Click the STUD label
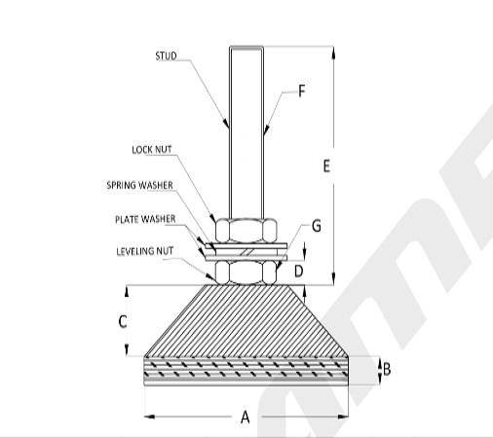166,56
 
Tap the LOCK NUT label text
152,150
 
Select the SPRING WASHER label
139,185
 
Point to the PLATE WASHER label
145,219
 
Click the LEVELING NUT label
145,251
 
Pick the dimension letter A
246,417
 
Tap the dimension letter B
387,369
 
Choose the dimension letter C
123,322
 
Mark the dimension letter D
299,272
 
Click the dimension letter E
326,166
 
